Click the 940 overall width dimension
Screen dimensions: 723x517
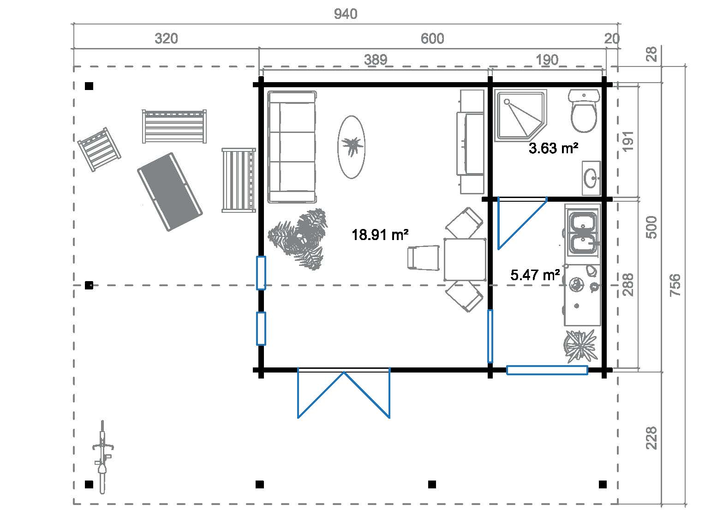346,14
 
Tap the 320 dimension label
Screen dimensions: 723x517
166,39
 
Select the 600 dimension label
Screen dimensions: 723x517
432,39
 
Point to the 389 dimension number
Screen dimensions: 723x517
376,60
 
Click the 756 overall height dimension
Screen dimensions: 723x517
675,285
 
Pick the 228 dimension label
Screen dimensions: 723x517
651,438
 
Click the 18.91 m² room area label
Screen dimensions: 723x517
380,235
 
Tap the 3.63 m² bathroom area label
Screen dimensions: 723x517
553,148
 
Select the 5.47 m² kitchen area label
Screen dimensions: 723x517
535,275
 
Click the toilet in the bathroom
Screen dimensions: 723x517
584,111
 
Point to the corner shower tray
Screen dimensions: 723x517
520,116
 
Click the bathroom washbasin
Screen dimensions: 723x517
592,178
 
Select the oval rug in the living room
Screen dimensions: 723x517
352,147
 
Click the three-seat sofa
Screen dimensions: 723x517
292,147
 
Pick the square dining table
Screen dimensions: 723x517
465,259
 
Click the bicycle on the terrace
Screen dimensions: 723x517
102,457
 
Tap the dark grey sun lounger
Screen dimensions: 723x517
170,192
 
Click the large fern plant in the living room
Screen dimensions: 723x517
298,239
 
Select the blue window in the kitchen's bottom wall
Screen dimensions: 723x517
547,370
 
